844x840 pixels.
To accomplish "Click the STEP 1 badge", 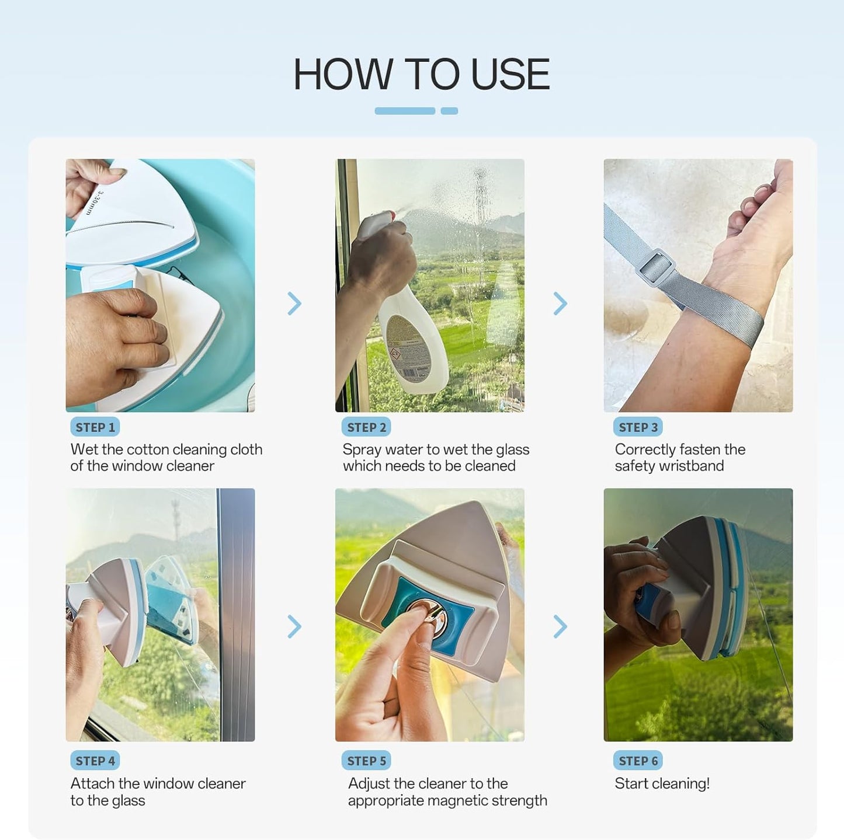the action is pyautogui.click(x=95, y=427).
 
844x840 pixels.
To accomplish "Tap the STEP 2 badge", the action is pyautogui.click(x=366, y=427).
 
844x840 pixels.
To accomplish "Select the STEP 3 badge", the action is pyautogui.click(x=638, y=427).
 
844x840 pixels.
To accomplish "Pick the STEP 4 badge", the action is pyautogui.click(x=95, y=761).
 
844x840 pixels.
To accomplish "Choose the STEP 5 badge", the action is pyautogui.click(x=366, y=761).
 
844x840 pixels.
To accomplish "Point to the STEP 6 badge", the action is pyautogui.click(x=638, y=761).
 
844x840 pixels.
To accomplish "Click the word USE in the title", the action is pyautogui.click(x=510, y=74).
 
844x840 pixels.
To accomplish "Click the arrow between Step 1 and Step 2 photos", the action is pyautogui.click(x=295, y=304).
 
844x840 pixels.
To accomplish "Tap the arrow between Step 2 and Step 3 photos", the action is pyautogui.click(x=561, y=304).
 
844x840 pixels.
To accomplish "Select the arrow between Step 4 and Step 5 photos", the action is pyautogui.click(x=295, y=626).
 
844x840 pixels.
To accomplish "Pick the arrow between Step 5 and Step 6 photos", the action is pyautogui.click(x=561, y=626).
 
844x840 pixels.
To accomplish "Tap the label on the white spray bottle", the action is pyautogui.click(x=407, y=346).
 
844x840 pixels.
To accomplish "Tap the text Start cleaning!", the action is pyautogui.click(x=662, y=783).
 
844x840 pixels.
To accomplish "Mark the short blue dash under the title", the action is pyautogui.click(x=449, y=111).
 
